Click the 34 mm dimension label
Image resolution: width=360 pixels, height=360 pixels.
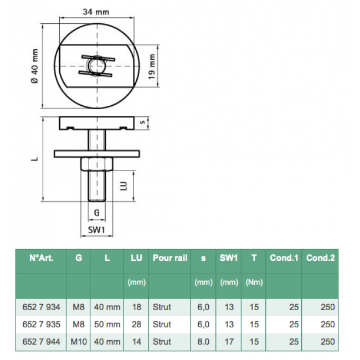pos(96,12)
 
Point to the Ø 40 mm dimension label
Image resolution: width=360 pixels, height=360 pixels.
pos(35,66)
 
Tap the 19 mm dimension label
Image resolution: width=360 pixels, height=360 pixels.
pos(152,66)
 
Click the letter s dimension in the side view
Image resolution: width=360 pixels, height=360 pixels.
pos(142,122)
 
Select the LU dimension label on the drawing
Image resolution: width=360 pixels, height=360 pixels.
pos(124,186)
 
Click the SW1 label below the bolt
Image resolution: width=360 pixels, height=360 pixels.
pos(96,230)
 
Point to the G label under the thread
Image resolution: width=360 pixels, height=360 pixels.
pos(97,213)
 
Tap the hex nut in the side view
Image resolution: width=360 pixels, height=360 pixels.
pos(97,164)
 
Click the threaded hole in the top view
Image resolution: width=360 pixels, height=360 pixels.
pos(97,66)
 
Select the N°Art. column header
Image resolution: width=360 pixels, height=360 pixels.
pos(42,258)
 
